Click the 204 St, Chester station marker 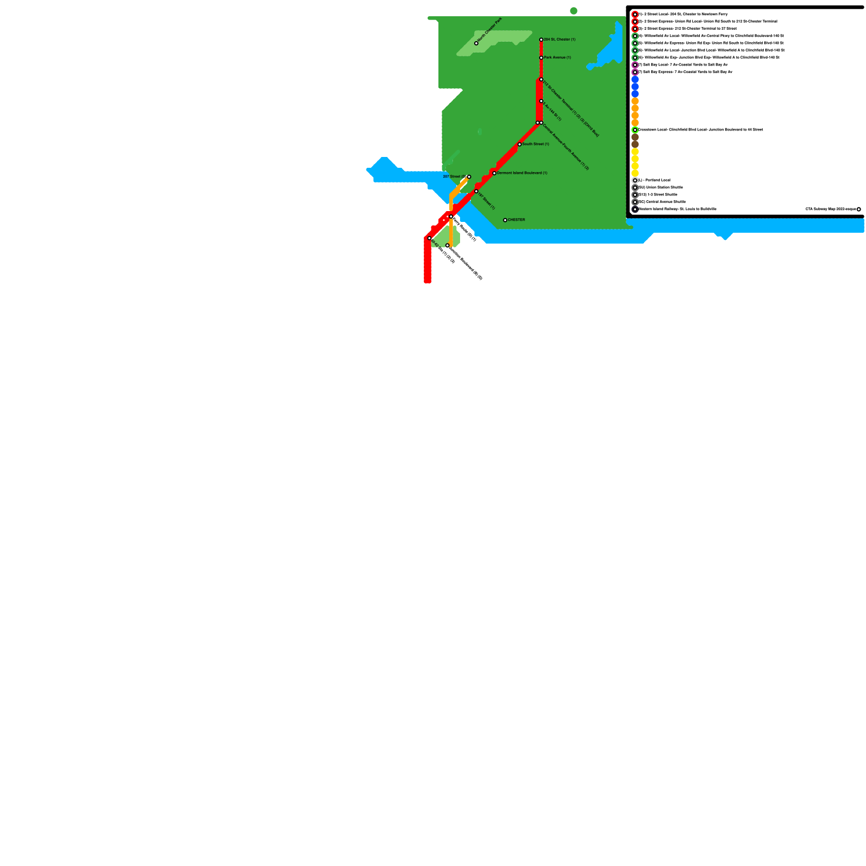click(x=541, y=40)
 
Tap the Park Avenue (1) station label click(x=557, y=57)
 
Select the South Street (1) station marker click(x=520, y=145)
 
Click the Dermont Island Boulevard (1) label click(x=522, y=173)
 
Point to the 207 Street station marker click(x=469, y=177)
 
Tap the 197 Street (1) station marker click(x=476, y=191)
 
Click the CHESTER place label click(x=516, y=220)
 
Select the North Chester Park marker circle click(x=476, y=43)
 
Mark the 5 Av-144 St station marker click(x=541, y=101)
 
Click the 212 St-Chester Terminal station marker click(x=541, y=80)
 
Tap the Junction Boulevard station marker click(x=448, y=246)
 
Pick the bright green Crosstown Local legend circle click(x=635, y=130)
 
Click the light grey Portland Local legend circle click(x=635, y=180)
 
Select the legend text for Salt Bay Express click(x=685, y=72)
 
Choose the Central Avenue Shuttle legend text click(x=662, y=202)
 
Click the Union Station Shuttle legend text click(x=661, y=187)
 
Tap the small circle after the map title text click(x=859, y=209)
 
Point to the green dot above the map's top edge click(x=574, y=11)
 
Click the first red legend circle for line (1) click(x=635, y=15)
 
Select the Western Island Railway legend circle click(x=635, y=209)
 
